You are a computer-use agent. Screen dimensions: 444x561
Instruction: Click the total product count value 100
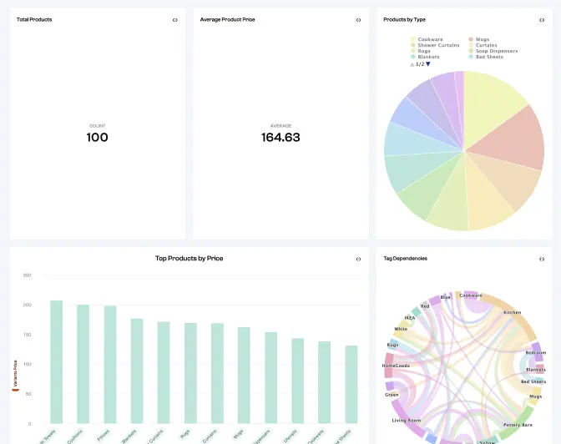(98, 138)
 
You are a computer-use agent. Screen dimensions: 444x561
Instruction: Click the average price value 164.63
(280, 138)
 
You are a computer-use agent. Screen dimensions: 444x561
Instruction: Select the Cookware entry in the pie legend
(430, 39)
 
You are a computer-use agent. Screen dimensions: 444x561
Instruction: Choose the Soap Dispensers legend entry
(496, 51)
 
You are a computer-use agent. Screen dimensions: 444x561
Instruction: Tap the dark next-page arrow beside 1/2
(428, 63)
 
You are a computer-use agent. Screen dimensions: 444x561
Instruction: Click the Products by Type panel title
(404, 19)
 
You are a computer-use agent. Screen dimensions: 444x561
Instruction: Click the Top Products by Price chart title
(189, 259)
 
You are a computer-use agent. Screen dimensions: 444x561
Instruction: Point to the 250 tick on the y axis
(27, 275)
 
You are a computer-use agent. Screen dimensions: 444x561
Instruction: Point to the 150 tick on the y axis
(27, 335)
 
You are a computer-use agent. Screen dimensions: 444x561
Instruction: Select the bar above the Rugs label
(190, 372)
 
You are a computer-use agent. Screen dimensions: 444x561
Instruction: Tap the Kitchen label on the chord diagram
(512, 312)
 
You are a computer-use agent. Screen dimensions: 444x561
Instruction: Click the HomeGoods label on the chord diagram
(395, 366)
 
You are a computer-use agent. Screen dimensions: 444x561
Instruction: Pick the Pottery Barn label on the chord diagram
(518, 425)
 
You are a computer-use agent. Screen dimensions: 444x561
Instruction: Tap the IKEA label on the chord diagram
(409, 317)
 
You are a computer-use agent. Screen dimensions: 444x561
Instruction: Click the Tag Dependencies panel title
(405, 259)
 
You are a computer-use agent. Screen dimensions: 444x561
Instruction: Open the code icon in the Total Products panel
(174, 20)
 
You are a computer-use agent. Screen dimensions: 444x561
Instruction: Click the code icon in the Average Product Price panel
(358, 20)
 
